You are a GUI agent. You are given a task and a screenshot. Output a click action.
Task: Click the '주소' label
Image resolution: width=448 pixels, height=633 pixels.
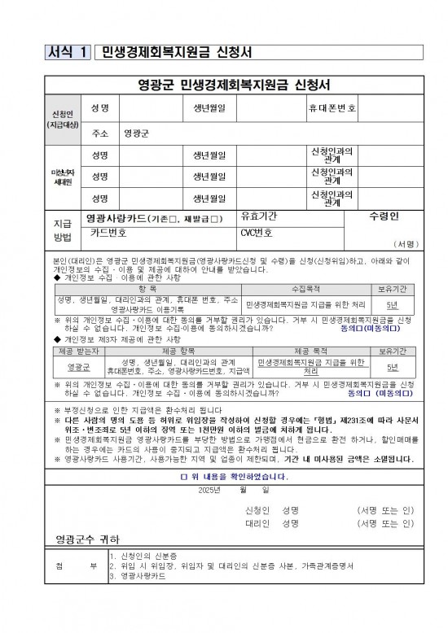point(101,132)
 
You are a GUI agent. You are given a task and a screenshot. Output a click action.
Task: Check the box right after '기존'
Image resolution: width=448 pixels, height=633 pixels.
point(173,220)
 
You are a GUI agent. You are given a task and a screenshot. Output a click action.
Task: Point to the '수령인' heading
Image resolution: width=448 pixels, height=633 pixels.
point(383,218)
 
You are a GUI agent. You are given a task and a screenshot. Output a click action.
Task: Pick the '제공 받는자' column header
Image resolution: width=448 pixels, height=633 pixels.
point(81,350)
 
